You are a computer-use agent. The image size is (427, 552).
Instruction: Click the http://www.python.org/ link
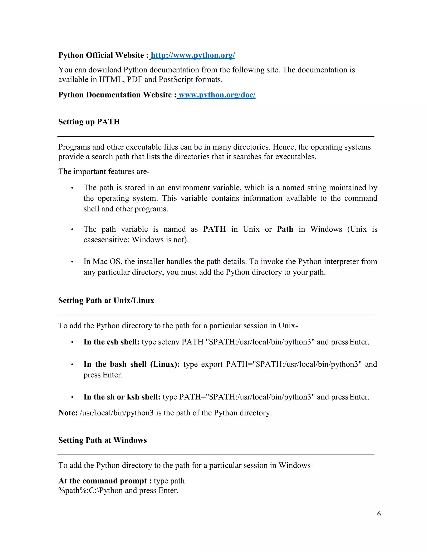(x=193, y=55)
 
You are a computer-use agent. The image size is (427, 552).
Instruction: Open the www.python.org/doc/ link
(x=217, y=95)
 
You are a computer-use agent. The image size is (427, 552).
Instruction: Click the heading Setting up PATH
(x=89, y=122)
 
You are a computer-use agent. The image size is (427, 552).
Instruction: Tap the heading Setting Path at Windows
(x=102, y=440)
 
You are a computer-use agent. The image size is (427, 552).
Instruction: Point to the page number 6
(x=379, y=514)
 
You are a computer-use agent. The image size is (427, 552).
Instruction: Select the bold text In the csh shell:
(x=112, y=342)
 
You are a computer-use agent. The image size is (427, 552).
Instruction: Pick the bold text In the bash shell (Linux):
(x=132, y=364)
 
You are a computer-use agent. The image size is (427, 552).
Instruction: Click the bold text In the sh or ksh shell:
(x=122, y=397)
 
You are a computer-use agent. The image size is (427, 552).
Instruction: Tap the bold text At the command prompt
(x=102, y=481)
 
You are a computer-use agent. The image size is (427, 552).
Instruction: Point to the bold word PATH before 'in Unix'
(x=215, y=229)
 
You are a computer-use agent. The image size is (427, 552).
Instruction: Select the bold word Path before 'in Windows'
(x=285, y=229)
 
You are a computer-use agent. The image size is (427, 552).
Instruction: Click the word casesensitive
(x=107, y=240)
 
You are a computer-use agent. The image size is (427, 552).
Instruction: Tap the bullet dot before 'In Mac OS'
(x=72, y=262)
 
